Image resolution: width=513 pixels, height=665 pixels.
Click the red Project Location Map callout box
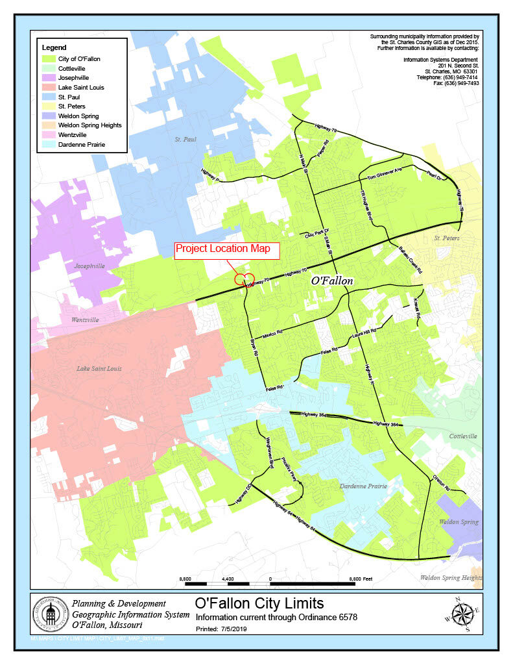click(226, 250)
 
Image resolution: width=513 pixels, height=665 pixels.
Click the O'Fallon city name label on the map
click(332, 281)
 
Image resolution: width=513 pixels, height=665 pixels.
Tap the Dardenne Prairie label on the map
click(363, 486)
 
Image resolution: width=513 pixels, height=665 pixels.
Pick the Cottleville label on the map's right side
click(462, 436)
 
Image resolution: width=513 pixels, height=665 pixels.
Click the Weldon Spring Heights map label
click(451, 577)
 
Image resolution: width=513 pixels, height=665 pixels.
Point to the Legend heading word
click(54, 47)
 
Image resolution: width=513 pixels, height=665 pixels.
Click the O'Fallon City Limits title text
click(259, 605)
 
